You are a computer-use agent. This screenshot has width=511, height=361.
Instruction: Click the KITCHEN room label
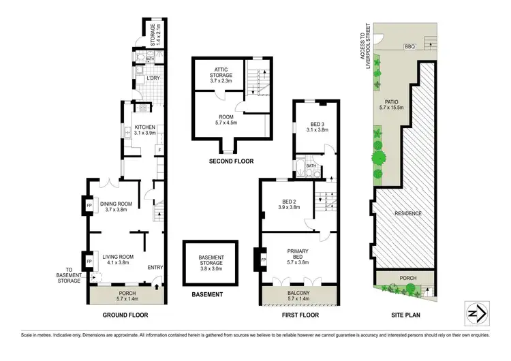(144, 127)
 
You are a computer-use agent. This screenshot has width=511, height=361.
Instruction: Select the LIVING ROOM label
(115, 257)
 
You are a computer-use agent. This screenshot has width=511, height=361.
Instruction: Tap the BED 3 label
(318, 126)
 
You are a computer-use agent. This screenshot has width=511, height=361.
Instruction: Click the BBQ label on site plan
(409, 47)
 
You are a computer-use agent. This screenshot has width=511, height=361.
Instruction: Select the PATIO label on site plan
(391, 104)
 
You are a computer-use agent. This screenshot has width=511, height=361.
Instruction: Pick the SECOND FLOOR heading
(232, 161)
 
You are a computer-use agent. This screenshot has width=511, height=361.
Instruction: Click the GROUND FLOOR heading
(125, 315)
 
